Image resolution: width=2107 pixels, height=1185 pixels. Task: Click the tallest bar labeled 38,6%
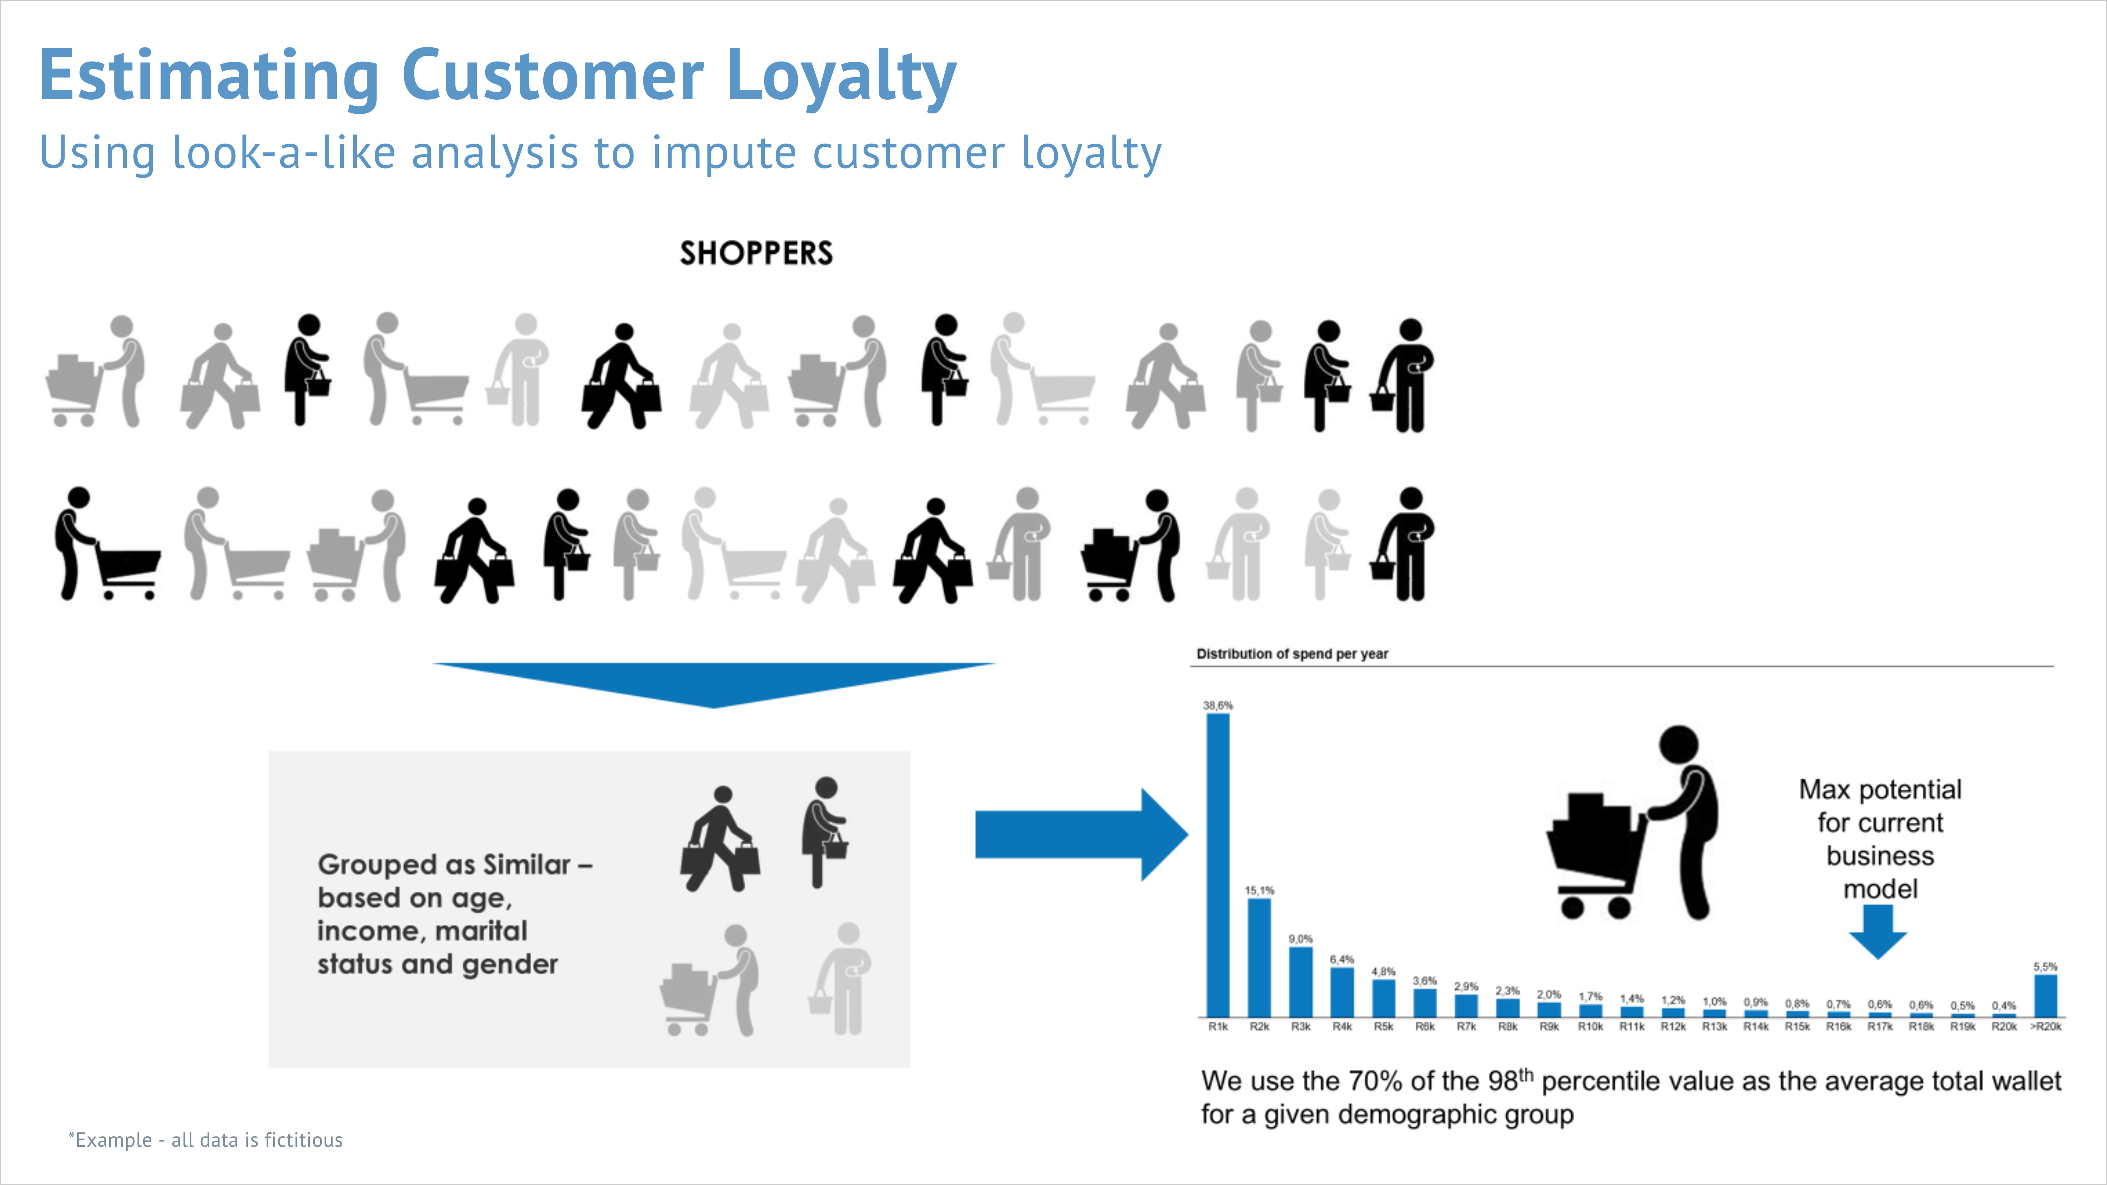coord(1218,865)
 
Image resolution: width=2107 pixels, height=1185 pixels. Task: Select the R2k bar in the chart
coord(1260,957)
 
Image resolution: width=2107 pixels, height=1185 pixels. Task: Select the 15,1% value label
coord(1260,890)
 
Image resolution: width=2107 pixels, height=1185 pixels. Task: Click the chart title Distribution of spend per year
coord(1292,653)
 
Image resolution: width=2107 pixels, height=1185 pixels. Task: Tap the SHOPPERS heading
coord(757,254)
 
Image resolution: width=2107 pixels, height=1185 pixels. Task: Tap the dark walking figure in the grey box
coord(720,838)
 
